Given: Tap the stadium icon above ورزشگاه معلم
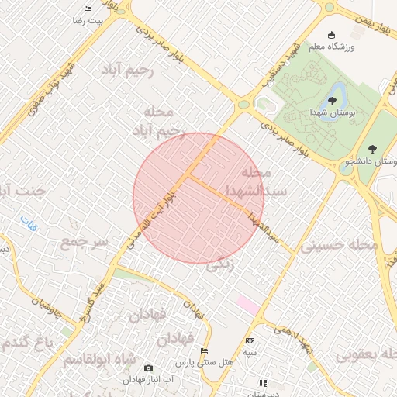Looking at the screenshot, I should pos(332,35).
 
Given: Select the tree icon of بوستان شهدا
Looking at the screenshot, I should pos(332,100).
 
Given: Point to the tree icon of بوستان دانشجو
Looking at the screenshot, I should pos(373,148).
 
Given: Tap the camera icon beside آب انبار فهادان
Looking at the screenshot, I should pos(149,368).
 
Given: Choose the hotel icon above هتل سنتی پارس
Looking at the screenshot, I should pos(204,350).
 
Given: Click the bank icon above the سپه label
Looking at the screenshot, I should pos(250,340).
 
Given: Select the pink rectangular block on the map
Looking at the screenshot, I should pos(248,305).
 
